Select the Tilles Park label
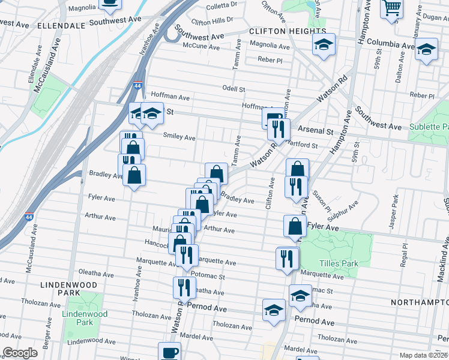pyautogui.click(x=330, y=263)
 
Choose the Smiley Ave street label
pyautogui.click(x=179, y=137)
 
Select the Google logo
pyautogui.click(x=20, y=353)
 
